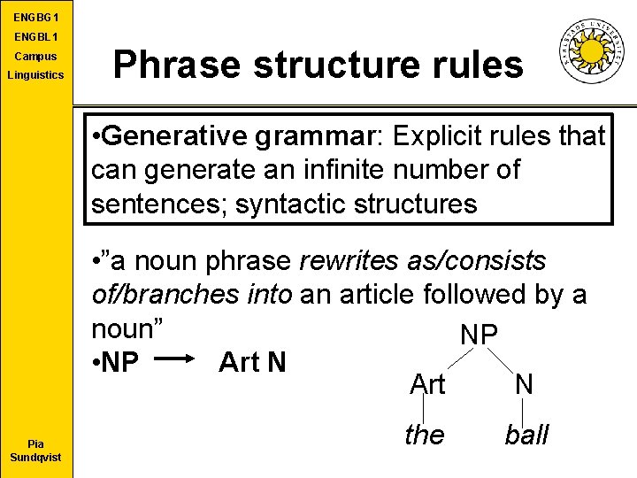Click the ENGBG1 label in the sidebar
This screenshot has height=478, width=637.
(x=35, y=18)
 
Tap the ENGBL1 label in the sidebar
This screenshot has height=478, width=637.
(x=35, y=38)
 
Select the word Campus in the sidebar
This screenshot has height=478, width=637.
(x=35, y=57)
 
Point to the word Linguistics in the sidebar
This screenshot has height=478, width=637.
(x=35, y=75)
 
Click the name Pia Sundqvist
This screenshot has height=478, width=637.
(x=35, y=451)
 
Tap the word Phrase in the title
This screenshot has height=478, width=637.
(x=169, y=65)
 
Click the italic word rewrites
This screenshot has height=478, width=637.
(x=350, y=262)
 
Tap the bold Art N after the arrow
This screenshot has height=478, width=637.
(x=252, y=362)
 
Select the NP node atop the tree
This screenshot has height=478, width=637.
(x=479, y=335)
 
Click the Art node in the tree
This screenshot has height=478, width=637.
(x=427, y=384)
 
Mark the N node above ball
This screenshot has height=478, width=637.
(x=524, y=383)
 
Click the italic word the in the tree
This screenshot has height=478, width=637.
(x=424, y=435)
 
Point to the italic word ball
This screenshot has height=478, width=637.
(x=526, y=435)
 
